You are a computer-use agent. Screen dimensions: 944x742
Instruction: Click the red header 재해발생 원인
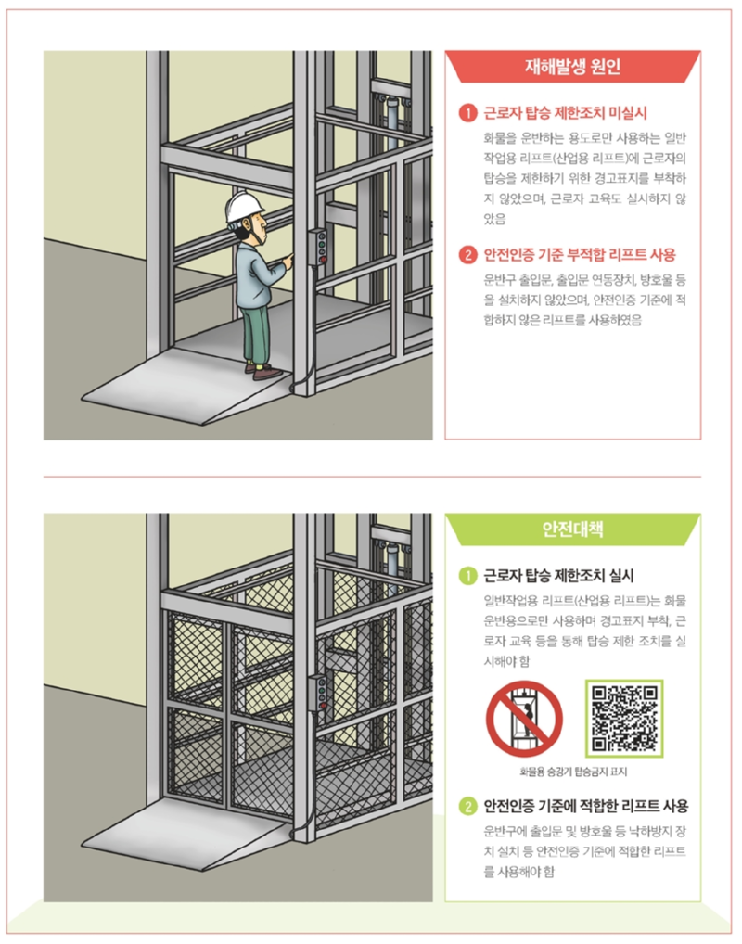point(572,67)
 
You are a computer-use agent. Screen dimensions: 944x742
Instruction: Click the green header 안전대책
point(572,529)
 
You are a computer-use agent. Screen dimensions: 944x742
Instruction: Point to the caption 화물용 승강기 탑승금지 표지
point(572,772)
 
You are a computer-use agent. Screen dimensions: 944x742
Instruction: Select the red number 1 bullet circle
point(469,115)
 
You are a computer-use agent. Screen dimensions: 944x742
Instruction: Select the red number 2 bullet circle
point(469,254)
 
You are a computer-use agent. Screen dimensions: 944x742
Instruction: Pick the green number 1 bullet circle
point(469,575)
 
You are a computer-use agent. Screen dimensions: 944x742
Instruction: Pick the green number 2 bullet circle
point(469,806)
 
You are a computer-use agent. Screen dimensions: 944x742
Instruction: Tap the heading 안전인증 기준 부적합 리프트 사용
point(580,254)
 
